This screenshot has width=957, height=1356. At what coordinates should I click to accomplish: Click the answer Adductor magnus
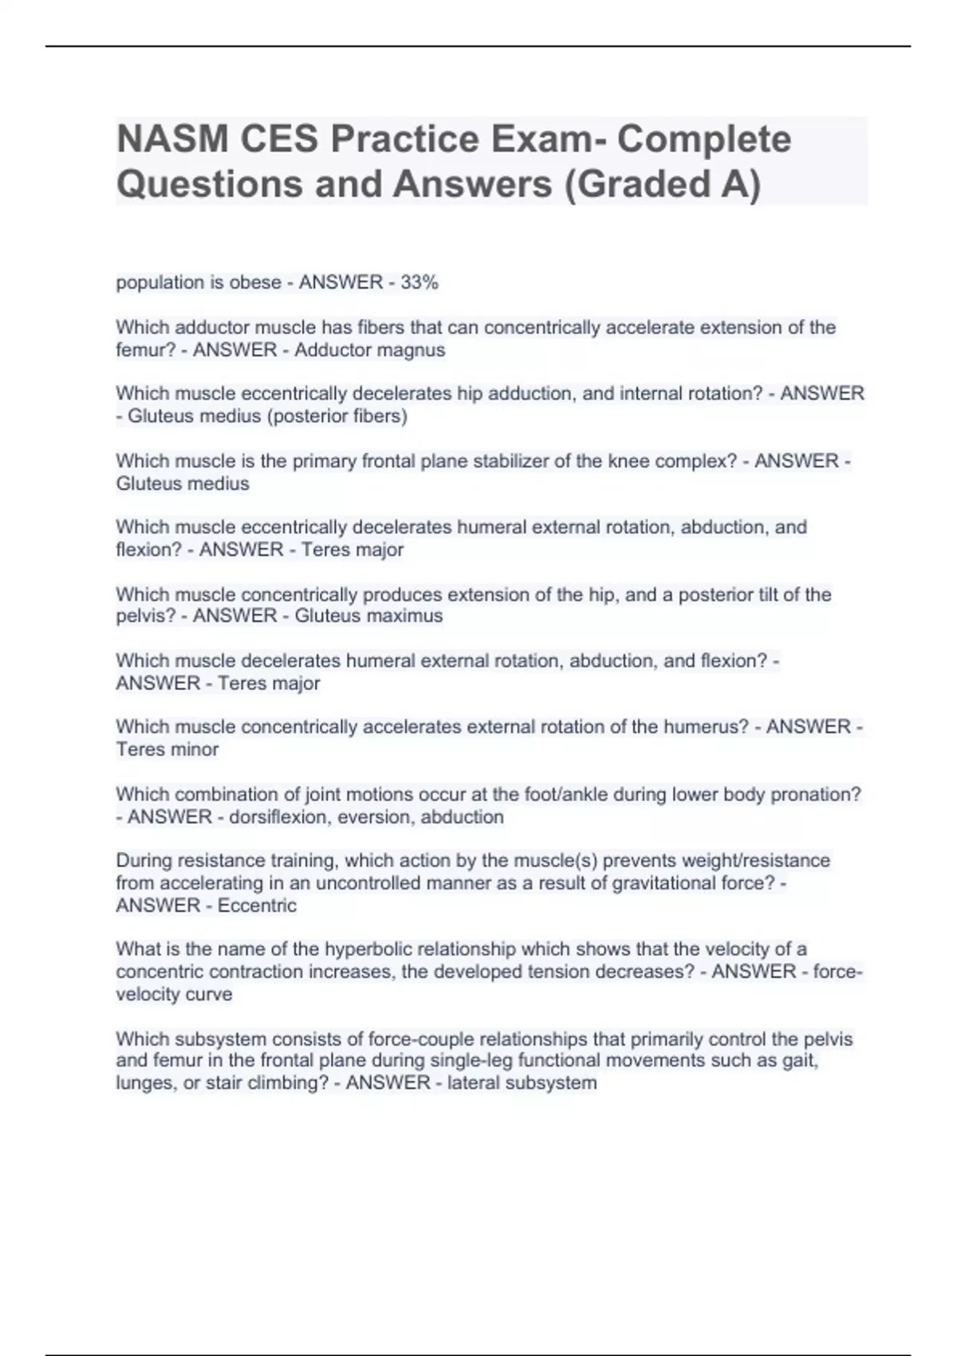pos(369,350)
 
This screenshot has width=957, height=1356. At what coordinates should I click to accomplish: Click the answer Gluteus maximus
pos(368,616)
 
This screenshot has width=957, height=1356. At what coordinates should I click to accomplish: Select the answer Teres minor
pos(167,750)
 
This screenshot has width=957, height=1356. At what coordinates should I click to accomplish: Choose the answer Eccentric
pos(257,906)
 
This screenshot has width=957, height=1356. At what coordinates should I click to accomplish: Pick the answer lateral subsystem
pos(522,1083)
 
